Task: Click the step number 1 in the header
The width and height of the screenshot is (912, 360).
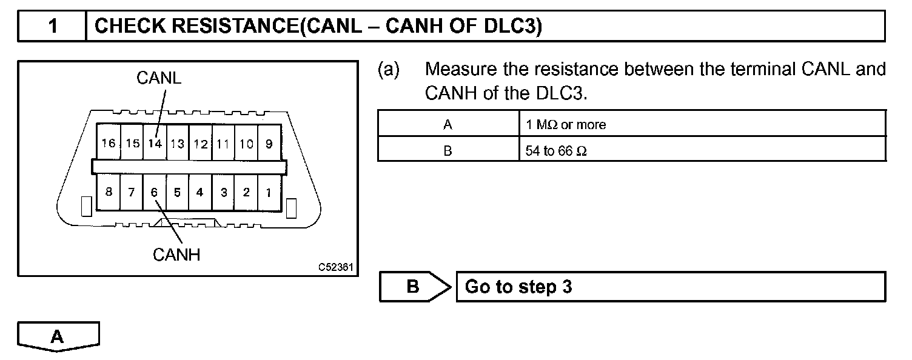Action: point(53,27)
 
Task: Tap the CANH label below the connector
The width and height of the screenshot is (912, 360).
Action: point(176,255)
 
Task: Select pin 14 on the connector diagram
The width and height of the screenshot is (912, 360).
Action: point(155,144)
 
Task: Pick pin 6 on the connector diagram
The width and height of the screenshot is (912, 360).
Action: point(154,193)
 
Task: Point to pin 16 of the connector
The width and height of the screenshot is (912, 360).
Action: point(109,144)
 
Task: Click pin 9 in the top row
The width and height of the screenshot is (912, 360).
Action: point(269,144)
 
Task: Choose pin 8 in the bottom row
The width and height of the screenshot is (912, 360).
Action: point(109,193)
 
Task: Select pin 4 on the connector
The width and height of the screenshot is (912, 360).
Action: point(199,193)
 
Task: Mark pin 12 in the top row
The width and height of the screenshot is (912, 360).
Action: point(201,144)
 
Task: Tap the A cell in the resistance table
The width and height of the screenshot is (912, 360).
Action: point(448,125)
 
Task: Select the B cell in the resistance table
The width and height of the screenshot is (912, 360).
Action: point(448,151)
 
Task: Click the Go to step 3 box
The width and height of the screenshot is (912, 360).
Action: point(670,286)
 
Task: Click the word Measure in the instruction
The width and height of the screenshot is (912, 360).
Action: point(462,69)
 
